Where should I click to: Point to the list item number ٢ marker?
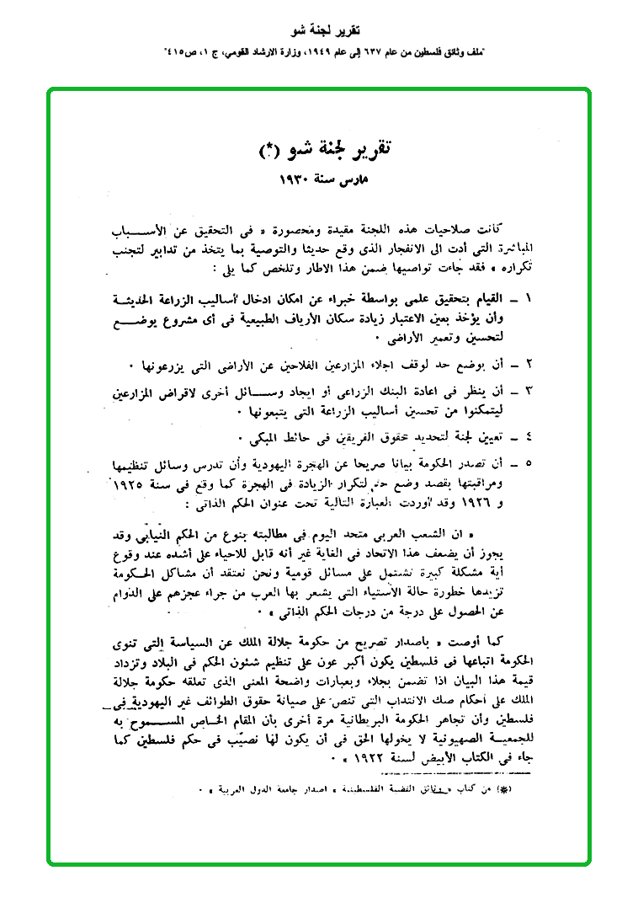529,366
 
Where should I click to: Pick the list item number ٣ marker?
529,392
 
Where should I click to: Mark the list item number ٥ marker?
529,462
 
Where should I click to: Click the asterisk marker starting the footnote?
521,793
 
